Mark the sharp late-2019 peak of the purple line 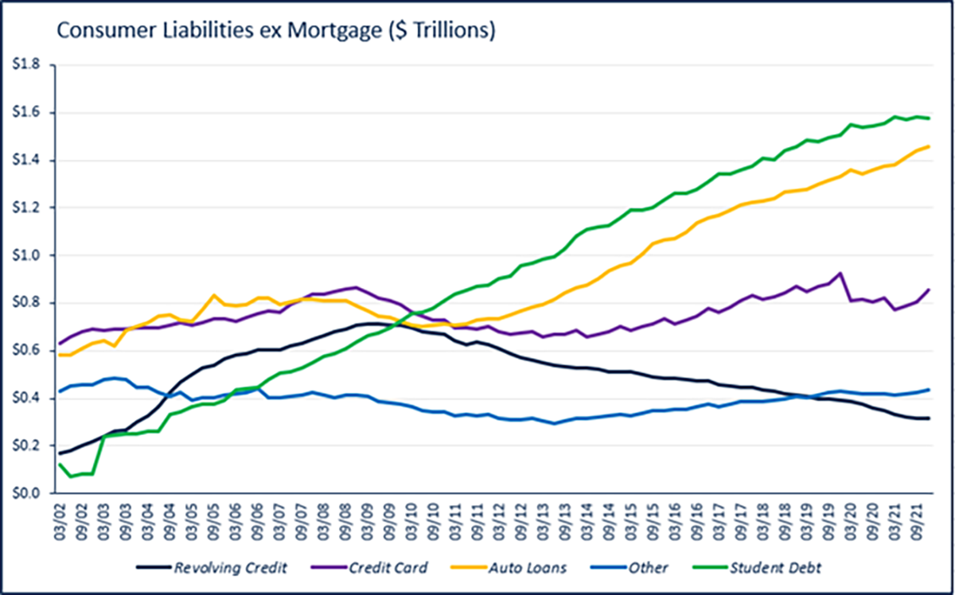click(841, 274)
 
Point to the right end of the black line click(929, 418)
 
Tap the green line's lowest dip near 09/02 click(70, 476)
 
